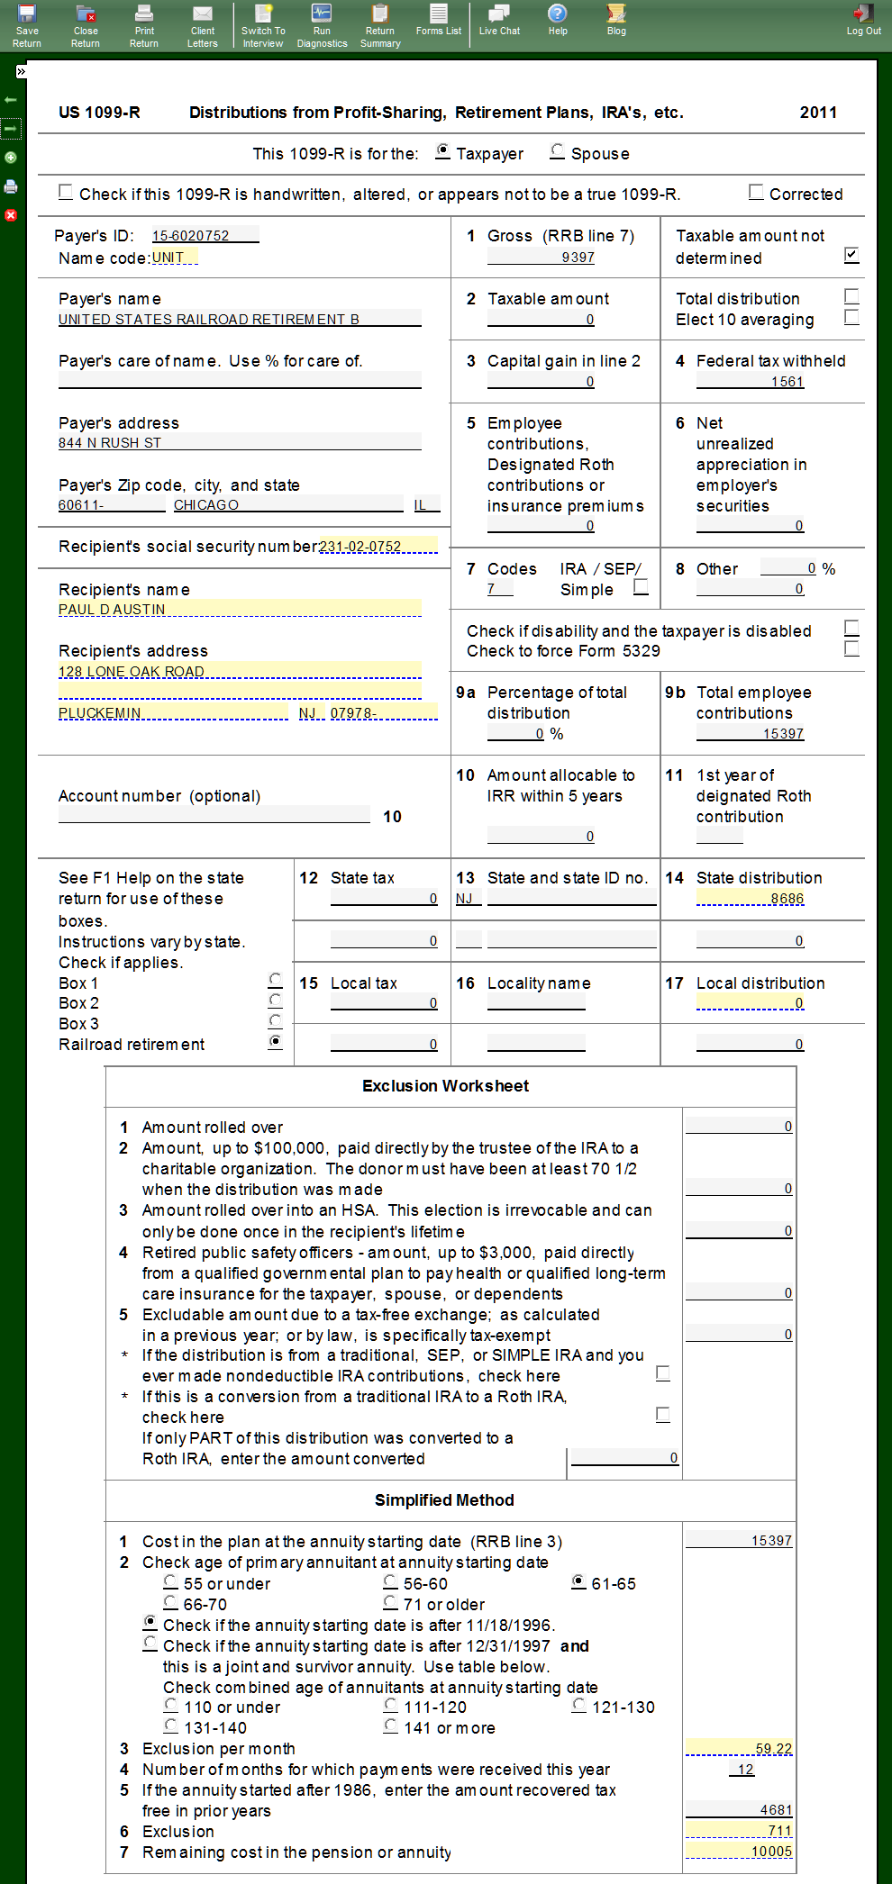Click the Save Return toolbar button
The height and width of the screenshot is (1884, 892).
pos(27,25)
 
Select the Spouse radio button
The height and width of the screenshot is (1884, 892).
pos(558,152)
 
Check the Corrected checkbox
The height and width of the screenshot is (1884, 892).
pos(757,192)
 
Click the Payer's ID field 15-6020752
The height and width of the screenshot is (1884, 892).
pos(205,236)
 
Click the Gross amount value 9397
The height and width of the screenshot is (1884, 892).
pos(541,258)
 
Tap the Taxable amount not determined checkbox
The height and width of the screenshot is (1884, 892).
pos(851,255)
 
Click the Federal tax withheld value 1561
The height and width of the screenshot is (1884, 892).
pos(751,382)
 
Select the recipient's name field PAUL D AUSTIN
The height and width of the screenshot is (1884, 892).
pos(239,609)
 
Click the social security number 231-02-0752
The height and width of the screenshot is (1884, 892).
pos(378,547)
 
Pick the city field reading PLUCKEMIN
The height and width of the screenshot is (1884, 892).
pos(172,713)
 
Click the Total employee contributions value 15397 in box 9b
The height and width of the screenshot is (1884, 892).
pos(751,734)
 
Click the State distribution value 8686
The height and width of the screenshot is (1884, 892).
pos(751,899)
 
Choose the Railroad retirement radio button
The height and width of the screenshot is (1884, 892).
pos(276,1042)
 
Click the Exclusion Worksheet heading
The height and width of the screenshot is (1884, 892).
pos(445,1086)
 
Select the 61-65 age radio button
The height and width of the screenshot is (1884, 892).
pos(579,1582)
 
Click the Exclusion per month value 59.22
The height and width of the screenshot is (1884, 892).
pos(739,1749)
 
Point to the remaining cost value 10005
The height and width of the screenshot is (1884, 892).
pos(739,1852)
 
